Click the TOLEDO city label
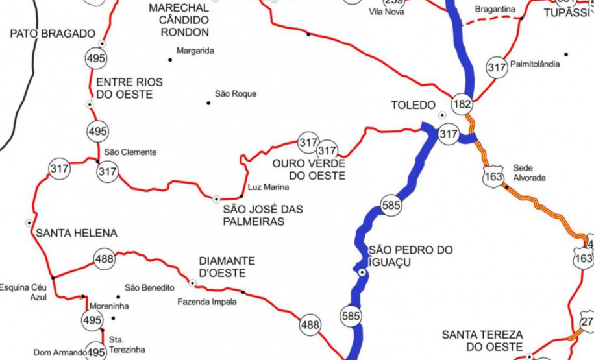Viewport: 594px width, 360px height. pos(413,105)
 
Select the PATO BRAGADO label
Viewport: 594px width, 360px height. pos(53,34)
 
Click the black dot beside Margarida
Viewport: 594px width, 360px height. pos(171,60)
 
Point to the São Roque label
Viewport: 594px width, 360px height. pos(235,94)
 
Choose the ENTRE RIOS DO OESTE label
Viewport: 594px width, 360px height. pos(129,88)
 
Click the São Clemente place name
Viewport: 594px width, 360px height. pos(130,152)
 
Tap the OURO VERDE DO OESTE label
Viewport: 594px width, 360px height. pos(308,169)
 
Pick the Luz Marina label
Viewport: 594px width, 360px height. pos(268,187)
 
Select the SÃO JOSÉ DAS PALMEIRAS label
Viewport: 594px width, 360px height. pos(262,215)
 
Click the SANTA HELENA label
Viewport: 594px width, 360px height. pos(77,234)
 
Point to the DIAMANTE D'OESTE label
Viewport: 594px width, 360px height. pos(227,266)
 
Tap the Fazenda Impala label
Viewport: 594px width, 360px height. pos(207,302)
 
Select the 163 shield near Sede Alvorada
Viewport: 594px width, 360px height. pos(493,175)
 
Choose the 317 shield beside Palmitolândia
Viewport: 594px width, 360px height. pos(497,67)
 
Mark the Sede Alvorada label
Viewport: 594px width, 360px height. pos(529,173)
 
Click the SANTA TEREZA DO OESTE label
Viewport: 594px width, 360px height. pos(482,341)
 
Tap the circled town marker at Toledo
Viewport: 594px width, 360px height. pos(443,115)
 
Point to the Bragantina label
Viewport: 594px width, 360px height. pos(495,9)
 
